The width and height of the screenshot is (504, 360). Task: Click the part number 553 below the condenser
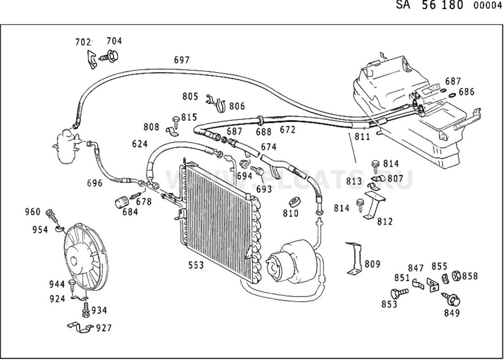coord(196,265)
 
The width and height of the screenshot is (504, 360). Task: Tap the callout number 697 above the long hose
coord(182,60)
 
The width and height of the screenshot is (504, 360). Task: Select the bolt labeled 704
coord(109,56)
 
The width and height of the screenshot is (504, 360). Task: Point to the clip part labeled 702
coord(92,59)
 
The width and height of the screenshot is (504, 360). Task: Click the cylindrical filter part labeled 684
coord(121,202)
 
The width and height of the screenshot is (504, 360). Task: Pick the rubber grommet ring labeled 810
coord(295,202)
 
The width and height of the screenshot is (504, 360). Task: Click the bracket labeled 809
coord(354,258)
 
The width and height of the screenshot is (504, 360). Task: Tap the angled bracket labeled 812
coord(373,205)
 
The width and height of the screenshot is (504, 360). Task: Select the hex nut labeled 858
coord(456,276)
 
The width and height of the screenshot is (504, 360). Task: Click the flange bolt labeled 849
coord(451,299)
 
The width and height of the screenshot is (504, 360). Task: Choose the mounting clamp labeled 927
coord(80,327)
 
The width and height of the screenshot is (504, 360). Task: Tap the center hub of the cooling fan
coord(73,261)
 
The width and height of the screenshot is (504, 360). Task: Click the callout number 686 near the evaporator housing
coord(466,92)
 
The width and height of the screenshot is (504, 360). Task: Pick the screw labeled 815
coord(176,122)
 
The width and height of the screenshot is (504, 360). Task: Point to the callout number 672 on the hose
coord(287,130)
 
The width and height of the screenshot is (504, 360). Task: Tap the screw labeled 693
coord(258,171)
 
